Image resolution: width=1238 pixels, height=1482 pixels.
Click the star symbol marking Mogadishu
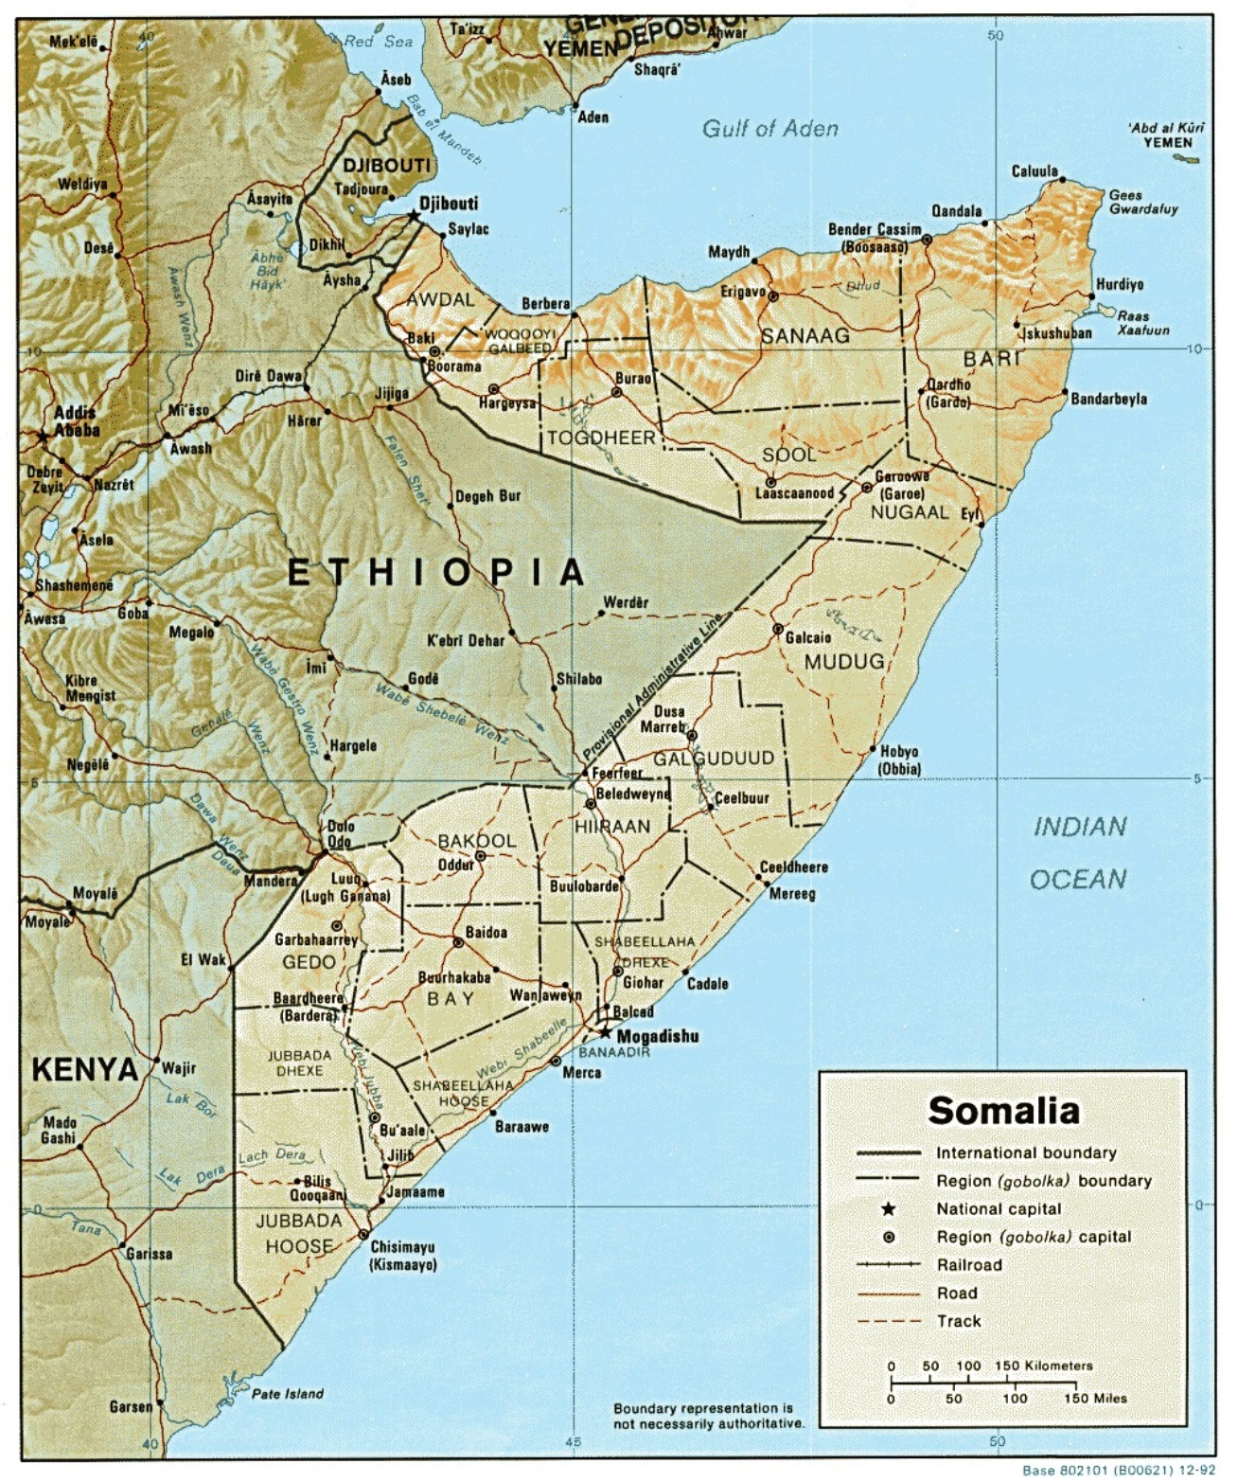tap(605, 1033)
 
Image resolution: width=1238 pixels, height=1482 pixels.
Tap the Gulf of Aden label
tap(769, 129)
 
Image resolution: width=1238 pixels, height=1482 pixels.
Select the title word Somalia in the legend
tap(1003, 1111)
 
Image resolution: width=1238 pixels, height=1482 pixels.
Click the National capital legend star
tap(888, 1209)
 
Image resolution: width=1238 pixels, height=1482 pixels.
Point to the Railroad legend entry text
tap(968, 1265)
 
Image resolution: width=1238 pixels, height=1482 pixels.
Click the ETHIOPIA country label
tap(436, 572)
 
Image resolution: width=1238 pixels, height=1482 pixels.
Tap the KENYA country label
tap(85, 1070)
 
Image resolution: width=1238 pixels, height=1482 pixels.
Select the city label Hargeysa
tap(506, 403)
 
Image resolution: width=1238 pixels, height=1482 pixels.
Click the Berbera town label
tap(546, 304)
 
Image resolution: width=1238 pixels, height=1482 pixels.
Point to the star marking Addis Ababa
tap(42, 436)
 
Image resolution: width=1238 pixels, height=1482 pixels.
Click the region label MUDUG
tap(843, 662)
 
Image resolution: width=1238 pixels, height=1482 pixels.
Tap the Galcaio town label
tap(808, 637)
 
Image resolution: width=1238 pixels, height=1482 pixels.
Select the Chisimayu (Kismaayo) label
tap(404, 1256)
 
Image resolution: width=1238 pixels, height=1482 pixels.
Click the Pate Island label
tap(287, 1394)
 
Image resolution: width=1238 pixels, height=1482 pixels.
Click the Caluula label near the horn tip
tap(1034, 171)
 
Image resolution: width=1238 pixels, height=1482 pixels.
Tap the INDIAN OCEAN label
tap(1079, 852)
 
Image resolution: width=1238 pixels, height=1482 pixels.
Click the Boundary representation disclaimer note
tap(708, 1416)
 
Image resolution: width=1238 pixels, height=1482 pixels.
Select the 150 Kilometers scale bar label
tap(1043, 1366)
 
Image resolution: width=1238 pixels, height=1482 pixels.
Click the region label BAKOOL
tap(476, 841)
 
